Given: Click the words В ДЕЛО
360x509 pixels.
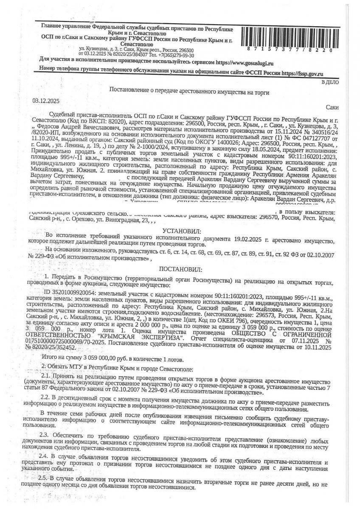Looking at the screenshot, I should pos(330,82).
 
